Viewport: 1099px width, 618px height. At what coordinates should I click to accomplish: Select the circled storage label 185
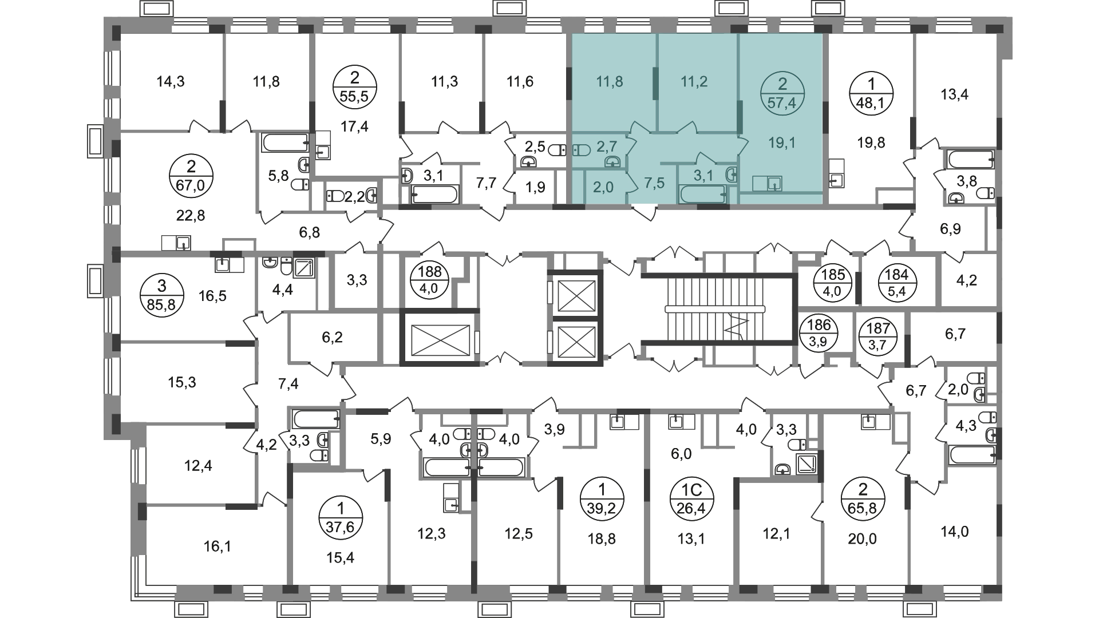coord(833,282)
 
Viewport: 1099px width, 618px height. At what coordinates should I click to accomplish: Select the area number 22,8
coord(191,216)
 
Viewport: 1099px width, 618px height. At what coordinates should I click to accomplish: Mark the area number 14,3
coord(171,82)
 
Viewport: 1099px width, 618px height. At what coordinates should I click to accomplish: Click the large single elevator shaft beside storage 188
coord(440,337)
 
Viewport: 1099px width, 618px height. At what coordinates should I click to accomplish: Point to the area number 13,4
coord(955,94)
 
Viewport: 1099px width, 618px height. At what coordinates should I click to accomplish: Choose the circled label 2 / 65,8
coord(863,499)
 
